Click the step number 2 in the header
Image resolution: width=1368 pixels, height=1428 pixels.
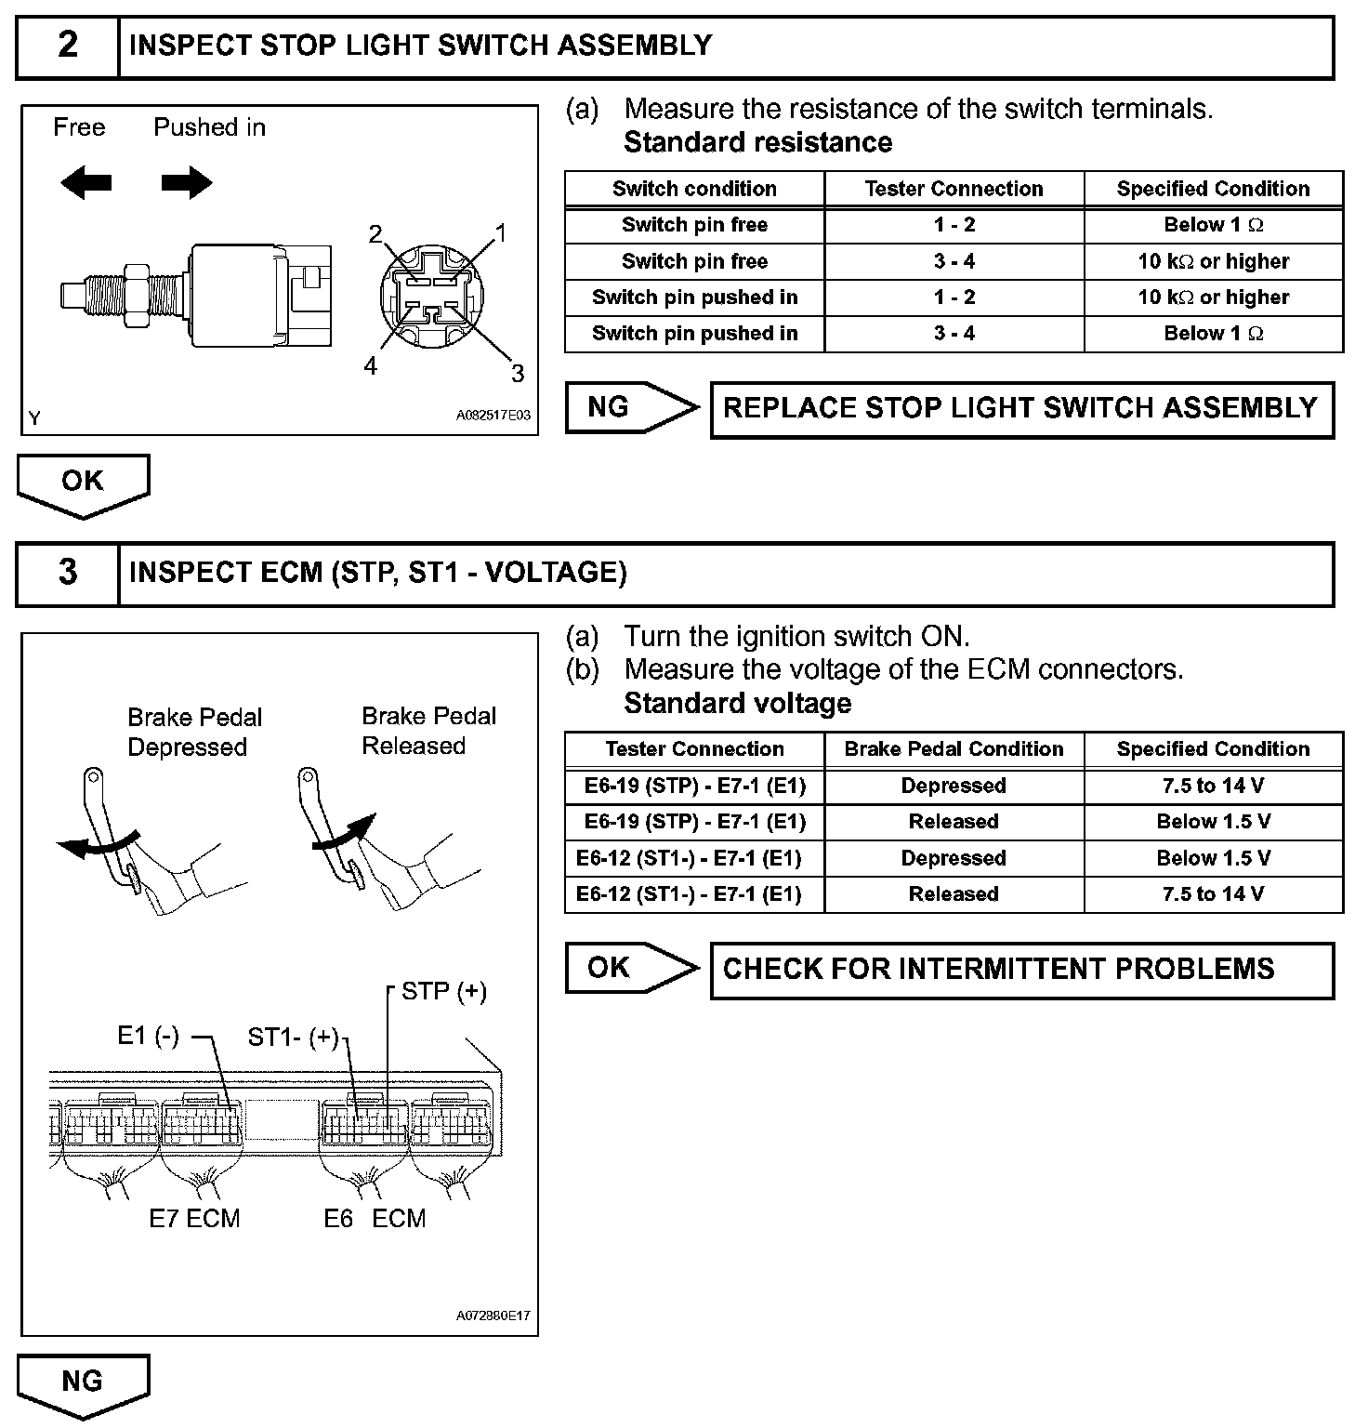click(68, 46)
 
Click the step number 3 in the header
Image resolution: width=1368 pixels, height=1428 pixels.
click(68, 573)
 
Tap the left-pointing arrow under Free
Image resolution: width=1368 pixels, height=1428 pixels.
click(85, 183)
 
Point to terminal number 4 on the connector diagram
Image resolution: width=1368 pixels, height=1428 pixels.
click(371, 366)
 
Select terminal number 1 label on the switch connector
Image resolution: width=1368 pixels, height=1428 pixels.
click(501, 232)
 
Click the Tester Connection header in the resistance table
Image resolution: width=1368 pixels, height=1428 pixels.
click(954, 189)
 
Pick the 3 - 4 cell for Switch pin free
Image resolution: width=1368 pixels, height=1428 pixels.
click(954, 261)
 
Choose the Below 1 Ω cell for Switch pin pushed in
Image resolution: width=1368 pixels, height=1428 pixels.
click(1213, 334)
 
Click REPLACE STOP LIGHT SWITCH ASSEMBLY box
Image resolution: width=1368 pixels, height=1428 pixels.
click(1020, 409)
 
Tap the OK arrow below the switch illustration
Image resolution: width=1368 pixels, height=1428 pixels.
click(83, 483)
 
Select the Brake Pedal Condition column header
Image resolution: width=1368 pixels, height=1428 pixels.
click(954, 749)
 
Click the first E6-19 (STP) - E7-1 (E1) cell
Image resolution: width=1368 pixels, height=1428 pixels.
click(694, 786)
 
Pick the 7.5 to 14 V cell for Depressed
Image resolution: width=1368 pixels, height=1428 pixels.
click(1213, 786)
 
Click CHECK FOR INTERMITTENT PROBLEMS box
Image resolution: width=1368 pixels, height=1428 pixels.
click(1020, 970)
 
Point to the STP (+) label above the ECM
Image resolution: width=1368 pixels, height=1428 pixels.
click(443, 991)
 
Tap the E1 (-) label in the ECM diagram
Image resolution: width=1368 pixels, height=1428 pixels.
click(148, 1036)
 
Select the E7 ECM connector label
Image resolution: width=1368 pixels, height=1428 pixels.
click(194, 1218)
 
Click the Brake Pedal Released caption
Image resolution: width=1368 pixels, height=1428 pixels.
click(427, 731)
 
